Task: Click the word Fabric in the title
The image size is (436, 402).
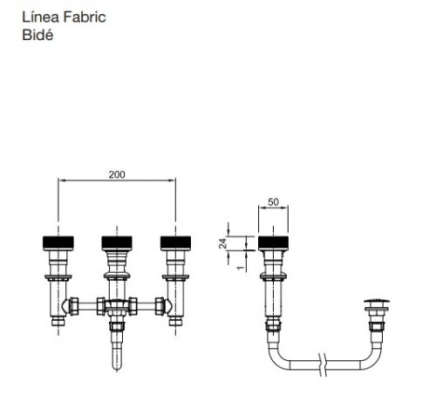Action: pyautogui.click(x=85, y=17)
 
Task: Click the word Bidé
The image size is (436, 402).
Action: pyautogui.click(x=37, y=35)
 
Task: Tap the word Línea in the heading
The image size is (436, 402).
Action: pyautogui.click(x=41, y=17)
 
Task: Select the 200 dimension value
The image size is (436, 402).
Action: pyautogui.click(x=117, y=174)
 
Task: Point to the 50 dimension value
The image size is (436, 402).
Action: pyautogui.click(x=273, y=201)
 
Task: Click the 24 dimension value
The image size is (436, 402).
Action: pyautogui.click(x=222, y=243)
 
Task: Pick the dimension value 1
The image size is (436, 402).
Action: pyautogui.click(x=241, y=268)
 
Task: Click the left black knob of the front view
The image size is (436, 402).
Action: pyautogui.click(x=58, y=242)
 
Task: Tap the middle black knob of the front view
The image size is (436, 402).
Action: pyautogui.click(x=117, y=242)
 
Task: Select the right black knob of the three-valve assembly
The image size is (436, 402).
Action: pyautogui.click(x=175, y=242)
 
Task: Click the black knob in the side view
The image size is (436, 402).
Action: pyautogui.click(x=273, y=242)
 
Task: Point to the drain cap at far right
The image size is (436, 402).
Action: pyautogui.click(x=377, y=303)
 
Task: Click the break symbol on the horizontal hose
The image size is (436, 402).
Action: pyautogui.click(x=323, y=365)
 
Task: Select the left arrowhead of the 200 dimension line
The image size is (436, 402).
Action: pyautogui.click(x=61, y=181)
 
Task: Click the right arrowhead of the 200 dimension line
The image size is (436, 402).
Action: pyautogui.click(x=173, y=181)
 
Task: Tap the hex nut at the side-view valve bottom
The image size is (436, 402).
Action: pyautogui.click(x=273, y=325)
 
